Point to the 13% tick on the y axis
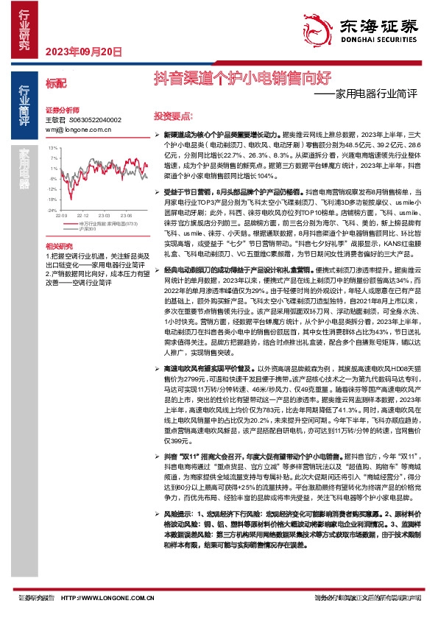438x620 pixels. (x=52, y=148)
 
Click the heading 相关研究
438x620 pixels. (x=59, y=245)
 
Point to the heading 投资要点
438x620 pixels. (x=172, y=116)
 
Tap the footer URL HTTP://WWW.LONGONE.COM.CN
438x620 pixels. (x=101, y=599)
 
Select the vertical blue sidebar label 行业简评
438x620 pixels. (x=24, y=108)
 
